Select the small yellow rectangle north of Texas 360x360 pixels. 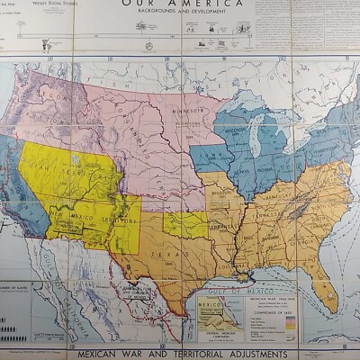[x=184, y=225]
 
